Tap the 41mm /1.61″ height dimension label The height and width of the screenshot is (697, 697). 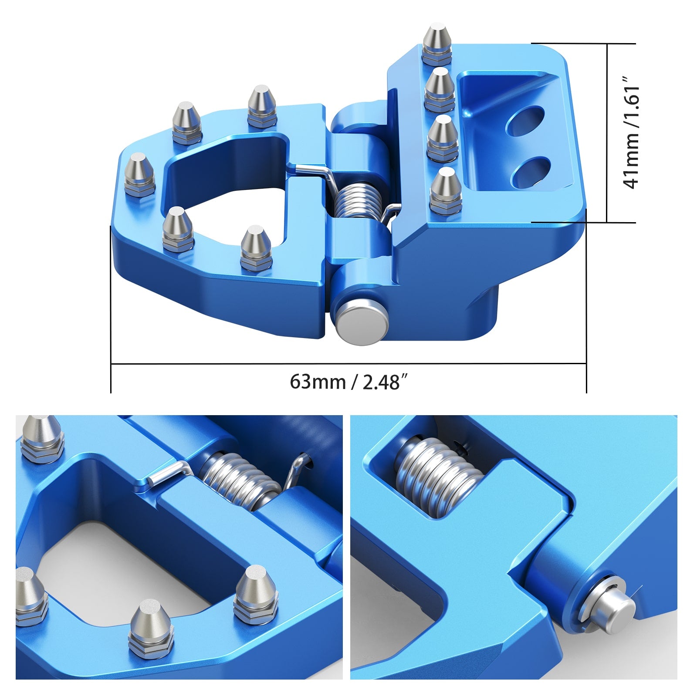pos(632,133)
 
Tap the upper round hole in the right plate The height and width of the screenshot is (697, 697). pos(525,120)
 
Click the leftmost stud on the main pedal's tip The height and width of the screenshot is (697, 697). pos(139,174)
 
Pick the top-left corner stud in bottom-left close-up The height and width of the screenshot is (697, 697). pos(41,438)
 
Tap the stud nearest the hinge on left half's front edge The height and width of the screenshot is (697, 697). pos(257,248)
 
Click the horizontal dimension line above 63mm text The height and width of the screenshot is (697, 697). pos(348,363)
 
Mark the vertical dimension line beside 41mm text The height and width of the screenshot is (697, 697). pos(607,133)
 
